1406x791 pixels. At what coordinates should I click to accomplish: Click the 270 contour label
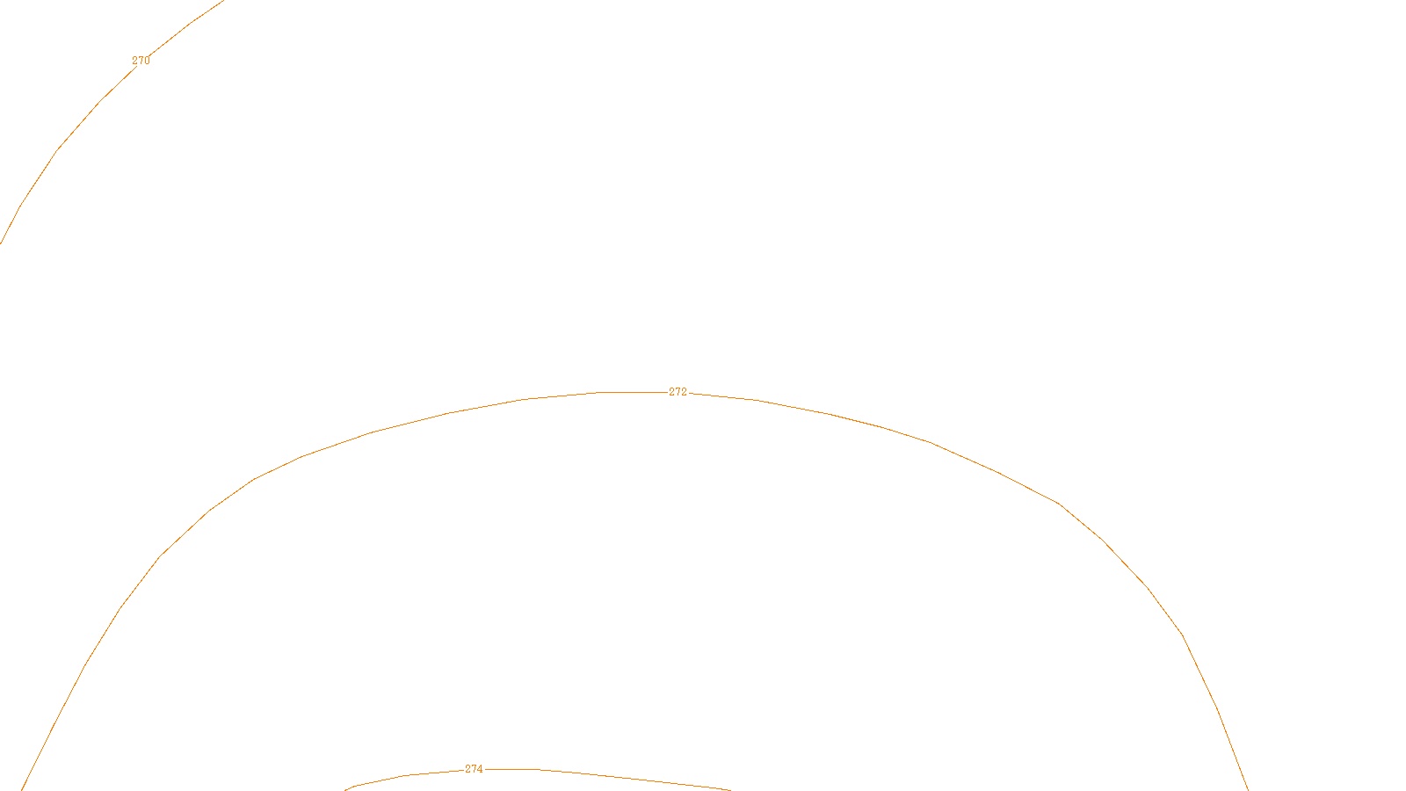[141, 61]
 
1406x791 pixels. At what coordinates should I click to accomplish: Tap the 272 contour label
[678, 392]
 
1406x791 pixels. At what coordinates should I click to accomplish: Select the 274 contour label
[474, 769]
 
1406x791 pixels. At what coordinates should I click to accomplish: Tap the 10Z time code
[666, 777]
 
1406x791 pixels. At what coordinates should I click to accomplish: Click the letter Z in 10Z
[672, 777]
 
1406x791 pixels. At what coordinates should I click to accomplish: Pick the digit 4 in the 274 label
[480, 769]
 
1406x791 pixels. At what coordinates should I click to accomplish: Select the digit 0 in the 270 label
[147, 61]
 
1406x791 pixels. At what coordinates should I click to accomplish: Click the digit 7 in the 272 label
[678, 392]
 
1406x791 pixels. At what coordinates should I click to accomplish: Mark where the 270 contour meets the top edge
[224, 1]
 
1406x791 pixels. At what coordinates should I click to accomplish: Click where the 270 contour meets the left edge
[1, 243]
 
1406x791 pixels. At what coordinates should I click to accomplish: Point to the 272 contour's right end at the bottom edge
[1248, 789]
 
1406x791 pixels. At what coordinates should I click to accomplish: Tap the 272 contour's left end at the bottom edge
[22, 789]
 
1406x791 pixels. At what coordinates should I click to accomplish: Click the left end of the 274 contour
[345, 789]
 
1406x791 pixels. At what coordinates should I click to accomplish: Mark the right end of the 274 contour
[729, 789]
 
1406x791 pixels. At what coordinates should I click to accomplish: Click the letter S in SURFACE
[685, 777]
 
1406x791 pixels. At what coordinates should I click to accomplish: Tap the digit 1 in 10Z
[660, 777]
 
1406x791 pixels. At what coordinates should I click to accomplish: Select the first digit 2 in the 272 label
[671, 392]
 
